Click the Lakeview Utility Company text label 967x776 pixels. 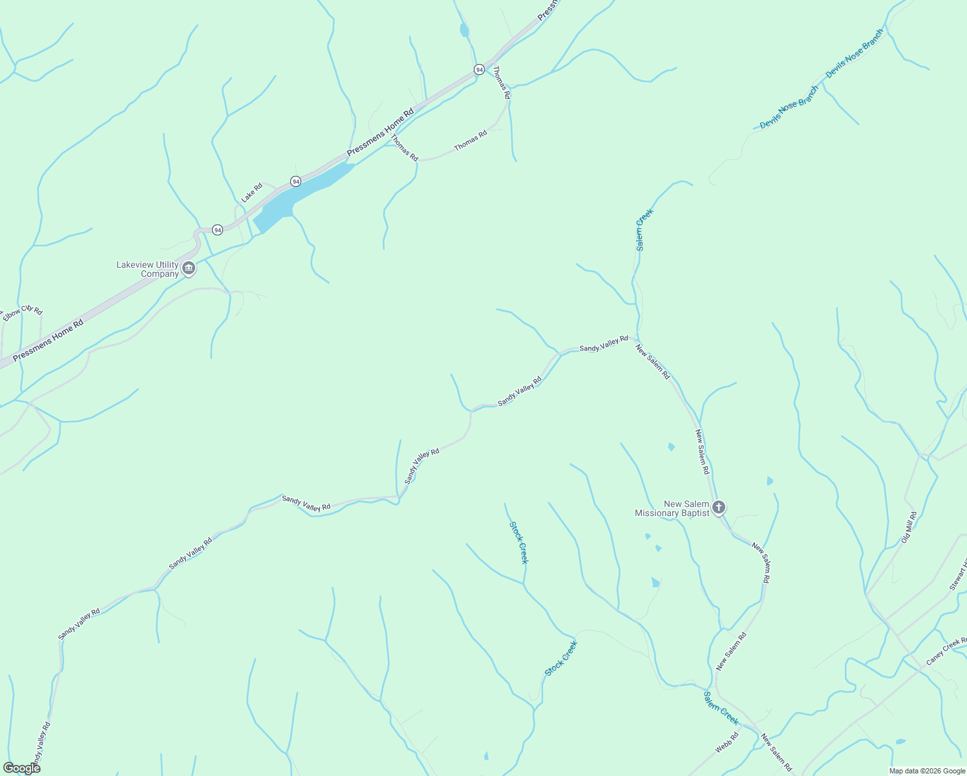[x=147, y=269]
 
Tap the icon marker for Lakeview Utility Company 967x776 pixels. [x=188, y=268]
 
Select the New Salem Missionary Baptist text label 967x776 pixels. [x=672, y=508]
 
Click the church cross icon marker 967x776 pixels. [x=719, y=508]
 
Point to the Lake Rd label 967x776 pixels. [x=252, y=193]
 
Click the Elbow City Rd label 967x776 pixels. [x=22, y=312]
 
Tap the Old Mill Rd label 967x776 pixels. [x=909, y=527]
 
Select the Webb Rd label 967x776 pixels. [x=727, y=743]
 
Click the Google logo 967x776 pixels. [x=21, y=768]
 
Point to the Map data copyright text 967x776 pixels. [x=927, y=771]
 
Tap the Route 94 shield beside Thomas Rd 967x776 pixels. [x=479, y=69]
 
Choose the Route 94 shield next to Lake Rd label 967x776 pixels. [x=295, y=182]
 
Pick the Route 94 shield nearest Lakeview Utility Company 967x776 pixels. [x=217, y=230]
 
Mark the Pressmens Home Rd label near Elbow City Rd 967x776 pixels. [x=48, y=340]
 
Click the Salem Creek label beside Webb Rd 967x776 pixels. [x=721, y=707]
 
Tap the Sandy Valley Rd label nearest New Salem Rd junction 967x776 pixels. [x=604, y=343]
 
